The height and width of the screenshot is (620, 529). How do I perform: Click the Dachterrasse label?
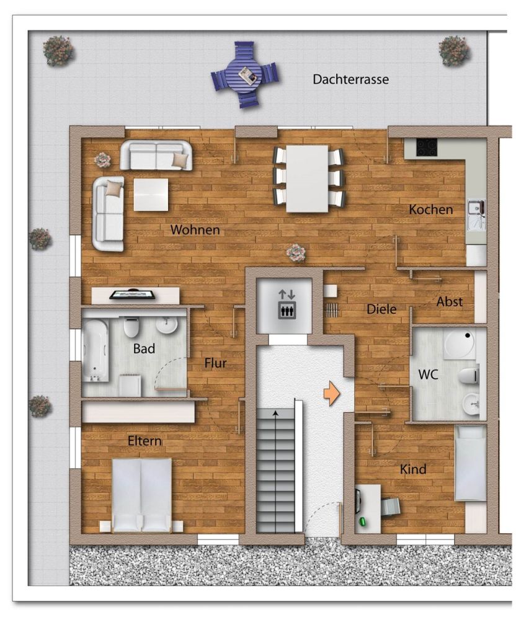pos(350,79)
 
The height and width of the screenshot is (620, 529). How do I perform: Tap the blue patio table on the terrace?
pos(245,75)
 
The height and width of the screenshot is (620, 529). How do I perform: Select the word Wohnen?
pos(195,230)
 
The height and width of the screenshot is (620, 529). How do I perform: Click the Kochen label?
pos(430,210)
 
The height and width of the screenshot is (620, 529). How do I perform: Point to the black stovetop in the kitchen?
pos(427,147)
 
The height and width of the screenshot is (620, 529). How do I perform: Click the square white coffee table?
pos(151,195)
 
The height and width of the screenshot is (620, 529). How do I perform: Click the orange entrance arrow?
pos(332,394)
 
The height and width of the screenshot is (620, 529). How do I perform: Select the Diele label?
pos(381,309)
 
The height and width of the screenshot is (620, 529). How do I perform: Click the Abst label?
pos(450,301)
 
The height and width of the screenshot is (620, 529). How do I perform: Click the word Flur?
pos(215,363)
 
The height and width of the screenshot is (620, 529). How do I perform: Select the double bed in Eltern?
pos(141,495)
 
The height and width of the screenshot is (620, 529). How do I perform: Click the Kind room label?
pos(412,469)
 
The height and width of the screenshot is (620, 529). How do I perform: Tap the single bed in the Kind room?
pos(470,463)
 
